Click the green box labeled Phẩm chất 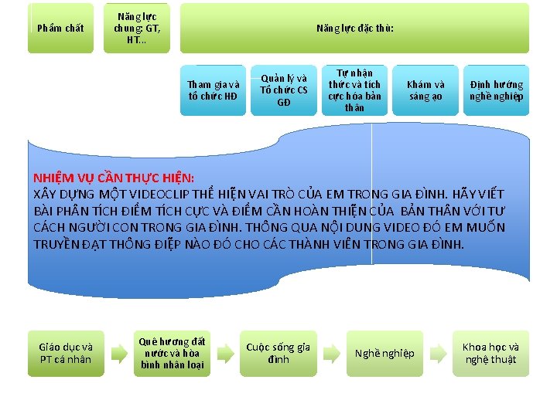60,29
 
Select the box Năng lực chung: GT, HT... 136,29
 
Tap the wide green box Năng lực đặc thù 355,29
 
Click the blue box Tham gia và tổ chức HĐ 214,91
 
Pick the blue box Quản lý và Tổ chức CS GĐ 284,90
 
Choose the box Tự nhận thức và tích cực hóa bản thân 354,90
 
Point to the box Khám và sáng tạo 425,91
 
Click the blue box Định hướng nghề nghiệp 496,91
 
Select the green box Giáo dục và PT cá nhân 66,354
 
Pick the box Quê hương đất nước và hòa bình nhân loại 173,354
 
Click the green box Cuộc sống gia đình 278,354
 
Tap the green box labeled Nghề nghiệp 384,354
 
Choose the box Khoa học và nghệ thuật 491,354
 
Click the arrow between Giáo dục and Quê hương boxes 119,354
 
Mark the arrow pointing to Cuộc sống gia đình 226,354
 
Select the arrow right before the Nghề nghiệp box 332,354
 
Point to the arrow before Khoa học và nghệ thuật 439,354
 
